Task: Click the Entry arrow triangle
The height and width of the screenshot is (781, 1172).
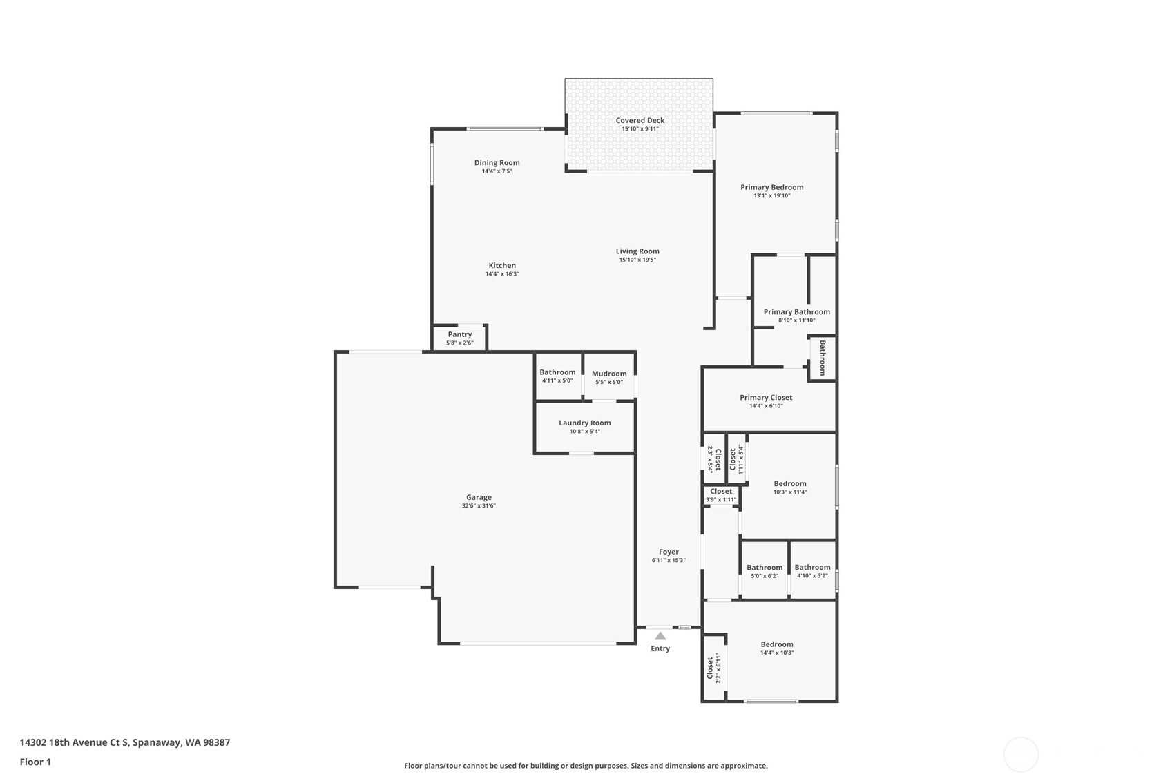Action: (x=660, y=635)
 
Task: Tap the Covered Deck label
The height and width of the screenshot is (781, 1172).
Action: (x=640, y=120)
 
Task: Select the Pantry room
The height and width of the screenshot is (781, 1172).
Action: (x=459, y=338)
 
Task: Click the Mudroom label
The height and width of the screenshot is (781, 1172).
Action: (x=609, y=374)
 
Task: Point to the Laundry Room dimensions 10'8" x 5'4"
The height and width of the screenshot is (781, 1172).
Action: (x=584, y=432)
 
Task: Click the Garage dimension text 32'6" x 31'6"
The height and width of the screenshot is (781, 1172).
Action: (x=479, y=506)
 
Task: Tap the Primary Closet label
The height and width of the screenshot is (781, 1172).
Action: (x=766, y=398)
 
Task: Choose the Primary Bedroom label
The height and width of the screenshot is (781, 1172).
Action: (x=771, y=187)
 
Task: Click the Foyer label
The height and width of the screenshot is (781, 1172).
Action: (x=669, y=552)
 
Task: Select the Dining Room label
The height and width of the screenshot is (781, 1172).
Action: (x=497, y=163)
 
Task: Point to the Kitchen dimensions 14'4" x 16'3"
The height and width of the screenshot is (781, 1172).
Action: (x=502, y=274)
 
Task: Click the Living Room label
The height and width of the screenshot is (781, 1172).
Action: (x=637, y=251)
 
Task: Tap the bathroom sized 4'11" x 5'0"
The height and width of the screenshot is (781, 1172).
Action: (x=558, y=376)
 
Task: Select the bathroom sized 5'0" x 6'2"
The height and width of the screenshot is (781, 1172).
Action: (x=765, y=570)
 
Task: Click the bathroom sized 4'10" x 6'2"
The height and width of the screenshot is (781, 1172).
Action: (x=812, y=570)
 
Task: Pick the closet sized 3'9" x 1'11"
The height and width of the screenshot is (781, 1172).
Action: (x=721, y=495)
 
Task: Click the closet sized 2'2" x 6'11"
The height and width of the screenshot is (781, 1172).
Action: (x=713, y=668)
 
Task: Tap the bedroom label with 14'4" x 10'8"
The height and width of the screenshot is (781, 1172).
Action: (x=777, y=644)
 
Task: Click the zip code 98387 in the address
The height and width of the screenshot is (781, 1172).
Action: (x=216, y=742)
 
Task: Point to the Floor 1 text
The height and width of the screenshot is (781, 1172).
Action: (x=36, y=762)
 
